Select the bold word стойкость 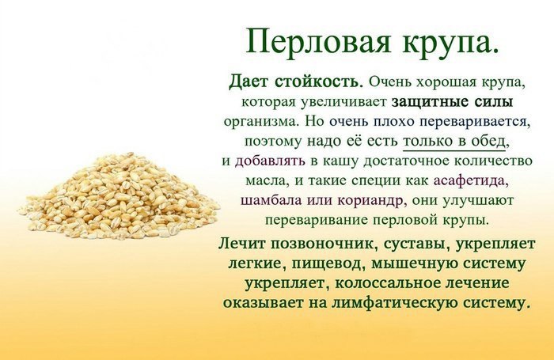click(x=319, y=82)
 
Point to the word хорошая click(x=447, y=83)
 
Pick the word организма click(x=262, y=122)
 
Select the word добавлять click(x=270, y=161)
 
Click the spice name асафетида click(x=469, y=181)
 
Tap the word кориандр click(x=370, y=201)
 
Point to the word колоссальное click(x=386, y=283)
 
